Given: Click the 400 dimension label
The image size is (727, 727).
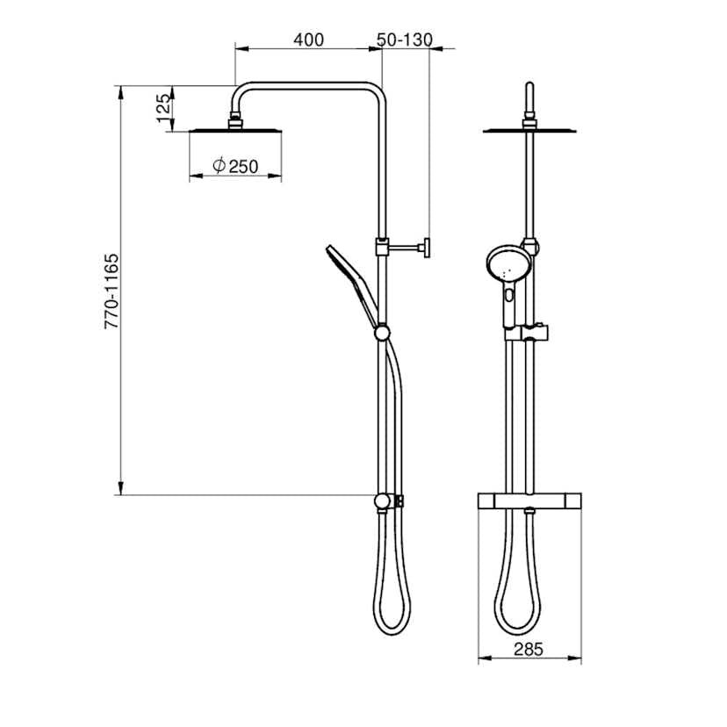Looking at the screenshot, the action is click(308, 40).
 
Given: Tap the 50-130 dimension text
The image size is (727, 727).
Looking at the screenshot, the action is click(404, 40).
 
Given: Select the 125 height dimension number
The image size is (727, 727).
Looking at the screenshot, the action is click(163, 108).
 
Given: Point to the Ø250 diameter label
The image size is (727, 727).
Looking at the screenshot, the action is click(235, 166).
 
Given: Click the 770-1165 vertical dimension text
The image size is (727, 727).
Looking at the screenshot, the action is click(112, 292).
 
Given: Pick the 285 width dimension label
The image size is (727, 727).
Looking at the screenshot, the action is click(528, 649).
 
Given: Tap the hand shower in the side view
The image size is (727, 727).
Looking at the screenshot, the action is click(352, 285).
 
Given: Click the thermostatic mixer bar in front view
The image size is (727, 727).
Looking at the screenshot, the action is click(529, 500).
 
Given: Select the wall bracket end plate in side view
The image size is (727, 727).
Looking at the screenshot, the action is click(426, 248).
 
